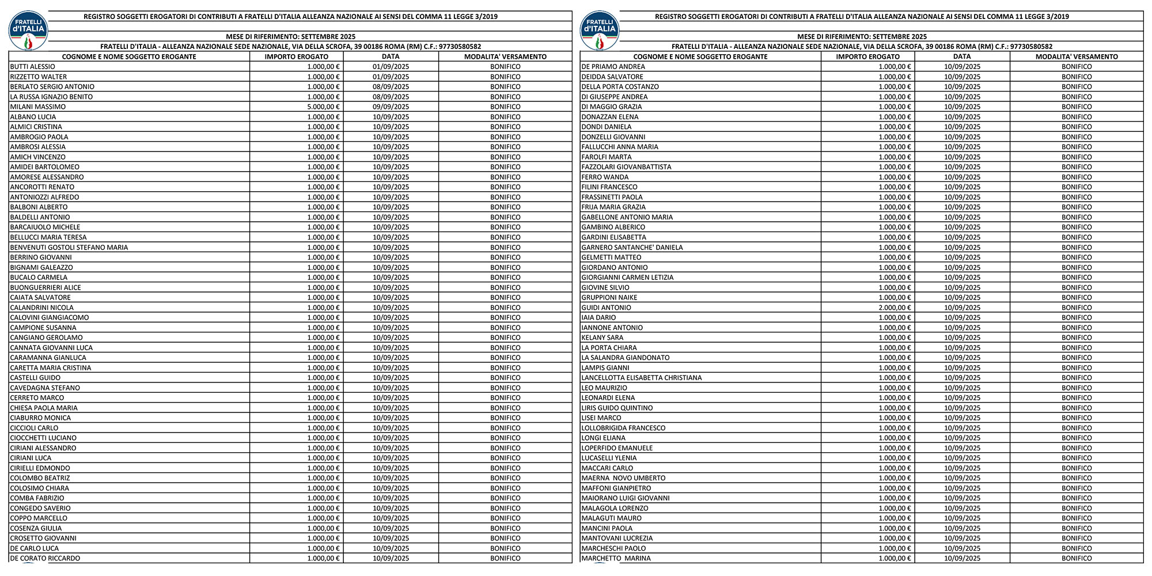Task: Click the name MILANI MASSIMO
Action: (x=38, y=107)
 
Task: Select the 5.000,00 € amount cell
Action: (x=323, y=107)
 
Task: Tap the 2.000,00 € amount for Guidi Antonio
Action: (x=895, y=308)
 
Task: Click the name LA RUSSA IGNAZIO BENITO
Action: (x=51, y=97)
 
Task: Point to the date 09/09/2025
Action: (x=391, y=107)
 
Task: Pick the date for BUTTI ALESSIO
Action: (x=391, y=67)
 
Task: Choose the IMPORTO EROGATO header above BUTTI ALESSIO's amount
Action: (x=297, y=56)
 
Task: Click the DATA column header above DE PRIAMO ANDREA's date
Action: (x=962, y=56)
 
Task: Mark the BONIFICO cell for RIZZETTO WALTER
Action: (x=505, y=77)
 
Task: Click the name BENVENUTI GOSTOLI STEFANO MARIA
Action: (x=69, y=247)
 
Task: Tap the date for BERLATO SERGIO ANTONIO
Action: (x=391, y=87)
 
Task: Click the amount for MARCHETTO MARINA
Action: (x=895, y=558)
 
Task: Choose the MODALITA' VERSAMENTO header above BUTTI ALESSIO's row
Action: (x=505, y=56)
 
